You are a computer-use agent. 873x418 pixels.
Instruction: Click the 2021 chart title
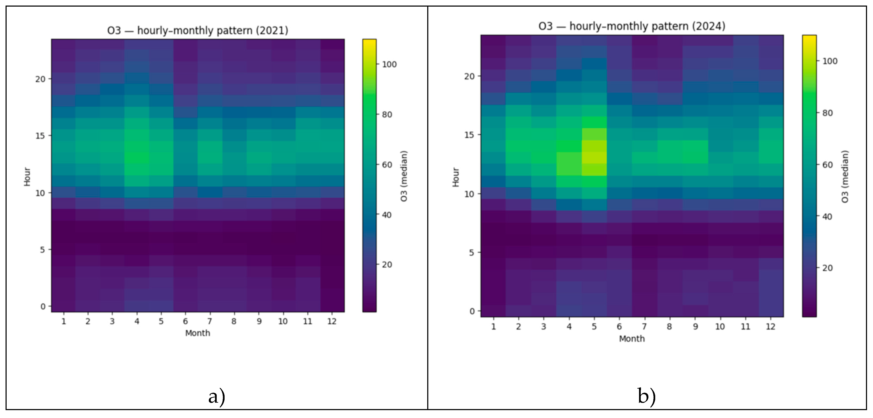coord(198,30)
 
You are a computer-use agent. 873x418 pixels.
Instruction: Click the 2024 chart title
coord(632,26)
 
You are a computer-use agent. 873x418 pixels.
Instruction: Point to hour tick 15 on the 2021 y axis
coord(40,135)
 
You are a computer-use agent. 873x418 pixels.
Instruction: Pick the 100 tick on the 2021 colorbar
coord(389,64)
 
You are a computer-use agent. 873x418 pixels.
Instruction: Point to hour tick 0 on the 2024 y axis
coord(472,311)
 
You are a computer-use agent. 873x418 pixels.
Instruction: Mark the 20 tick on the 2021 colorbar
coord(387,265)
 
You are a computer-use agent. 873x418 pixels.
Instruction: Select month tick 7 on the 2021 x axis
coord(210,321)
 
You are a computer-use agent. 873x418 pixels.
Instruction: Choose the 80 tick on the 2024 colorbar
coord(827,113)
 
